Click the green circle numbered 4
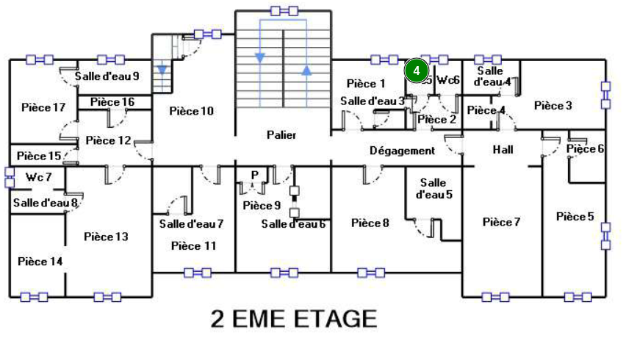pyautogui.click(x=416, y=71)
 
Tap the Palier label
pyautogui.click(x=281, y=135)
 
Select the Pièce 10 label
pyautogui.click(x=191, y=111)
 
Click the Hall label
pyautogui.click(x=503, y=150)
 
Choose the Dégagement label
pyautogui.click(x=402, y=151)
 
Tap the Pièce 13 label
pyautogui.click(x=106, y=237)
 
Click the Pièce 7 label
pyautogui.click(x=501, y=222)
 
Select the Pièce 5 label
pyautogui.click(x=575, y=217)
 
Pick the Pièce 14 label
pyautogui.click(x=40, y=262)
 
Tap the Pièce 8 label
pyautogui.click(x=370, y=223)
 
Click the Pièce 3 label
pyautogui.click(x=553, y=106)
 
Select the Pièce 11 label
pyautogui.click(x=194, y=245)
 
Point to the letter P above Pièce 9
pyautogui.click(x=255, y=174)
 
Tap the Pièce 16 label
pyautogui.click(x=112, y=101)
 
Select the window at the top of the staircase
pyautogui.click(x=284, y=10)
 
